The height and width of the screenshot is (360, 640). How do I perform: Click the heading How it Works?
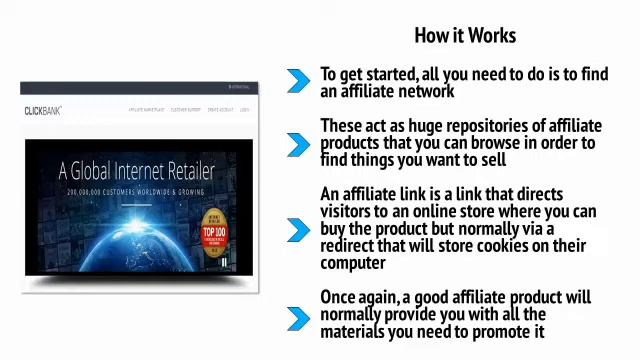pyautogui.click(x=465, y=35)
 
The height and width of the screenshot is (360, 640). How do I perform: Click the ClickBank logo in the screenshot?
pyautogui.click(x=43, y=110)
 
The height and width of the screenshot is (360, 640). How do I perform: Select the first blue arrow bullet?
pyautogui.click(x=298, y=82)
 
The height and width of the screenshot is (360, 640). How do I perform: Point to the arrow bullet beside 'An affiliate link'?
pyautogui.click(x=298, y=229)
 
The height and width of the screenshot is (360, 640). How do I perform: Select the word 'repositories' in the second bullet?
pyautogui.click(x=482, y=126)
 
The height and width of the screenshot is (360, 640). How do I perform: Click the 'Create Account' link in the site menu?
pyautogui.click(x=220, y=110)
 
